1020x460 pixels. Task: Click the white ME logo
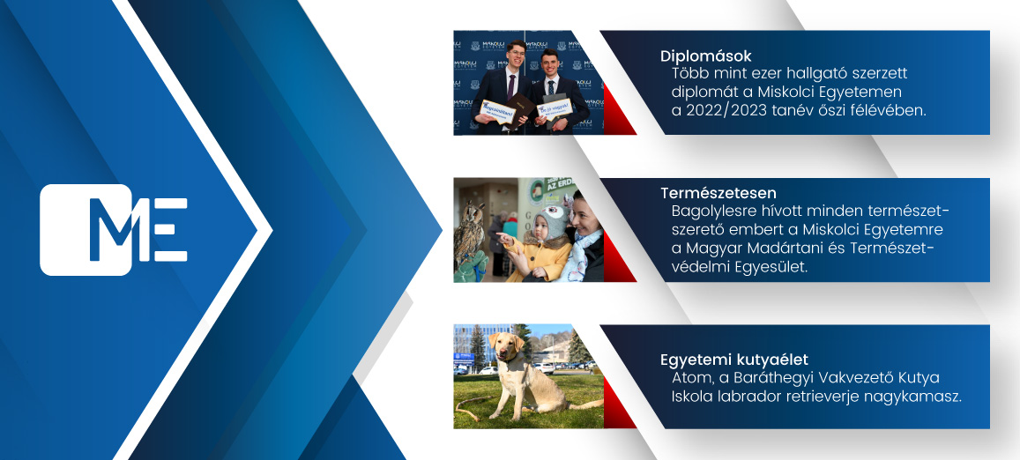click(114, 230)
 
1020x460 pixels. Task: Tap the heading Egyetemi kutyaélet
click(734, 360)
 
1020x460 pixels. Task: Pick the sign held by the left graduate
click(497, 112)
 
